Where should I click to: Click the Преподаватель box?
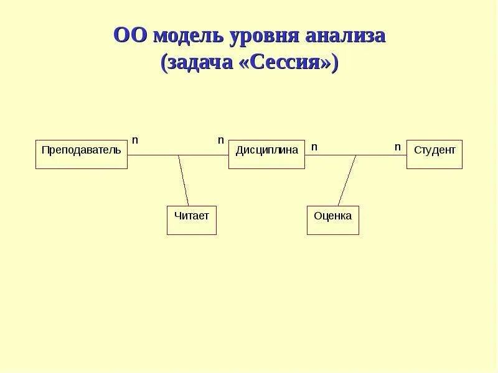(x=81, y=154)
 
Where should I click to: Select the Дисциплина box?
(x=266, y=154)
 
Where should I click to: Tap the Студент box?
(x=434, y=154)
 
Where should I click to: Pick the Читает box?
(x=191, y=220)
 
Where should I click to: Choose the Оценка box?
(x=332, y=220)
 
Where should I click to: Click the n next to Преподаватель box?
(x=134, y=140)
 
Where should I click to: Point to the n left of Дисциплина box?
(x=220, y=140)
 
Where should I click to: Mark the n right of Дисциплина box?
(x=314, y=147)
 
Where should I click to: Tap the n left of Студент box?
(x=397, y=147)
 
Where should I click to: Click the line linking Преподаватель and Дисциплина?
(x=156, y=155)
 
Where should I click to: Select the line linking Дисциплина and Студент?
(x=380, y=155)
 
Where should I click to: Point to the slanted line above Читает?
(x=184, y=180)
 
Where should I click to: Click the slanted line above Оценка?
(x=347, y=180)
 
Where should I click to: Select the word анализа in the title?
(x=345, y=36)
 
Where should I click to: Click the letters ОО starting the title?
(x=129, y=35)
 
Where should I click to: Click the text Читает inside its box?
(x=191, y=216)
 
